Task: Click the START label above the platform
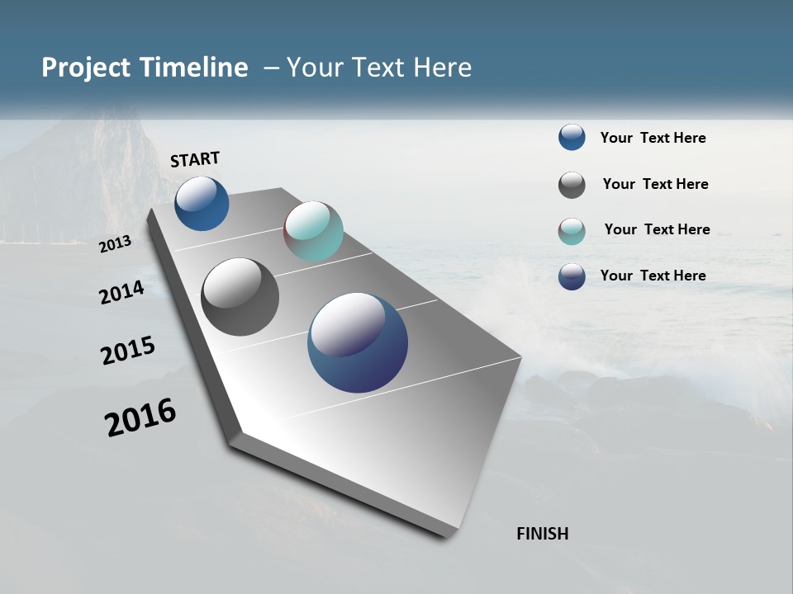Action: (195, 159)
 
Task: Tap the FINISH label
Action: (542, 534)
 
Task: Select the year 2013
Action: (115, 244)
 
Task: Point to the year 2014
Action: (121, 293)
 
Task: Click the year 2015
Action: (128, 351)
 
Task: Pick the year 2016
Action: (140, 417)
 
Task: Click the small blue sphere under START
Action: (202, 204)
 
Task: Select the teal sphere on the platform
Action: (313, 231)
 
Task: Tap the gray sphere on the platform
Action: (240, 297)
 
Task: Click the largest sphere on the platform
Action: (358, 342)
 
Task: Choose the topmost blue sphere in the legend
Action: (572, 137)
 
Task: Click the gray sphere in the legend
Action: (572, 185)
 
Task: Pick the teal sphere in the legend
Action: (572, 231)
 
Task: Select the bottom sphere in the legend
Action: (572, 276)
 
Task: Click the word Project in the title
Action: (88, 68)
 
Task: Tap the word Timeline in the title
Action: (194, 68)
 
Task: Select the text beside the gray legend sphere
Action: (655, 184)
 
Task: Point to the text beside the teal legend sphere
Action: (657, 229)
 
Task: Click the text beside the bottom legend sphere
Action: (653, 276)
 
